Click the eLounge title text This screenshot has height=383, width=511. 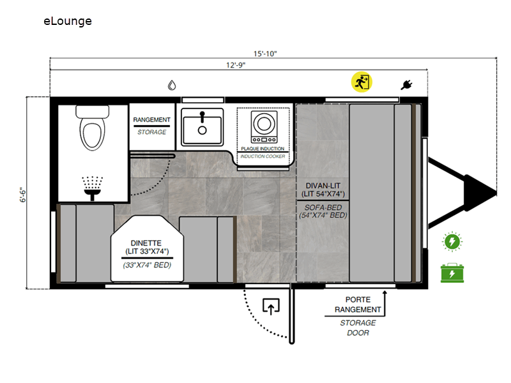point(68,21)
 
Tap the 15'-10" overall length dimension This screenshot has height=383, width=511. point(265,54)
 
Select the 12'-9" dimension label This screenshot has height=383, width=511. point(236,65)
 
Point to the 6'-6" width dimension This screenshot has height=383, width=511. point(22,195)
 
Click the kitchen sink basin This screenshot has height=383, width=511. point(202,127)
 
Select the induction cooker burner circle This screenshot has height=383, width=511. point(264,124)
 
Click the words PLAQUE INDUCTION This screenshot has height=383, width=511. point(263,149)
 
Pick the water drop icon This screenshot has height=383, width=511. point(172,86)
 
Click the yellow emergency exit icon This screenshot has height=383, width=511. point(362,82)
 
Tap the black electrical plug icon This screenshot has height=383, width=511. point(406,85)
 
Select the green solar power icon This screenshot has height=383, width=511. point(452,242)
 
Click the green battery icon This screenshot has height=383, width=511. point(452,273)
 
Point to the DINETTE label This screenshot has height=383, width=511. point(146,243)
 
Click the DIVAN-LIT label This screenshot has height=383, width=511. point(323,186)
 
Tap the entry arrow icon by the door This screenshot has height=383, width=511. point(271,306)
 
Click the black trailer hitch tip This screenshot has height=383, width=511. point(496,193)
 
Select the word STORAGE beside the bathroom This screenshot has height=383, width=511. point(152,132)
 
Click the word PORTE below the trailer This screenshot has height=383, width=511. point(358,299)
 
